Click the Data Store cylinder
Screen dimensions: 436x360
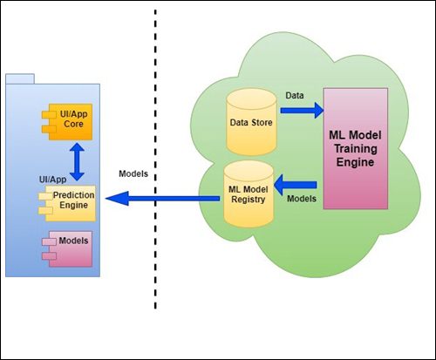click(251, 122)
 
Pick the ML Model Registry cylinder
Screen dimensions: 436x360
click(249, 194)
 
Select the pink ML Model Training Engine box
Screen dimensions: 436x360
click(356, 148)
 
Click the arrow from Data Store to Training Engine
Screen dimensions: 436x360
click(302, 111)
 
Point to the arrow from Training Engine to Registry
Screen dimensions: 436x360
click(296, 185)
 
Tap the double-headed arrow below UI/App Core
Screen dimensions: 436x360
click(77, 162)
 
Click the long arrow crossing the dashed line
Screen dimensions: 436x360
click(162, 199)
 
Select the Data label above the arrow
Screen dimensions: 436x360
click(295, 95)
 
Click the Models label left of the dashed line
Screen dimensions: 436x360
click(133, 173)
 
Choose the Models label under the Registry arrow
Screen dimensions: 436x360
click(302, 199)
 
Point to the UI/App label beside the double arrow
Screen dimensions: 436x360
click(52, 180)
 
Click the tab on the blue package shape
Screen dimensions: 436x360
click(20, 79)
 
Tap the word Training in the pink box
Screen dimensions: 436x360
click(356, 148)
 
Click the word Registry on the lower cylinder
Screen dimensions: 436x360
click(249, 200)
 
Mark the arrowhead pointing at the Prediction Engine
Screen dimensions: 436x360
click(117, 199)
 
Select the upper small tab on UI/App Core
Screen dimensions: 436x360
click(49, 115)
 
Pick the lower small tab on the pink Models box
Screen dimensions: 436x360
click(49, 256)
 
